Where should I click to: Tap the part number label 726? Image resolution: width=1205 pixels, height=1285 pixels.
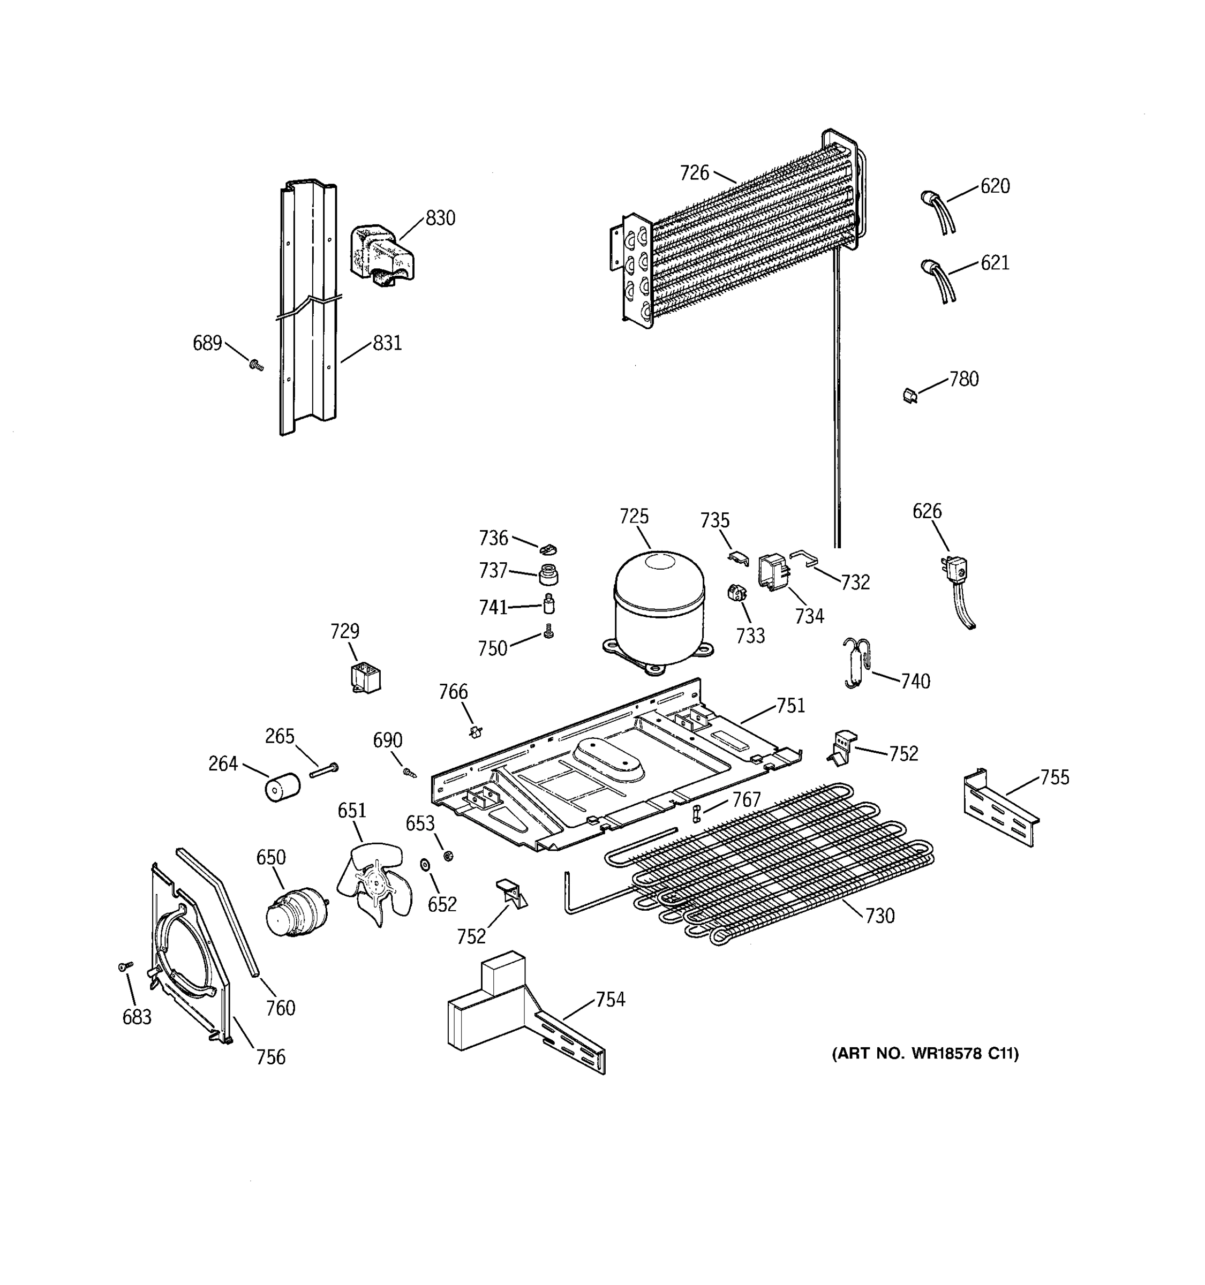(694, 172)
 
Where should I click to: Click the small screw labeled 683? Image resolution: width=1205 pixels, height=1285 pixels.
(125, 966)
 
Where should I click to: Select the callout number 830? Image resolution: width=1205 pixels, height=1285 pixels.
(440, 218)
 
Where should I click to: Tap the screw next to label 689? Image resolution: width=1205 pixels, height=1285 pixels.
(257, 366)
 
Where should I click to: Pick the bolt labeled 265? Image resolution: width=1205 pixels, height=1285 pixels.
(324, 770)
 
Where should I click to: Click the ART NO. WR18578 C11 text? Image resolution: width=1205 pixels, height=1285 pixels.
(924, 1054)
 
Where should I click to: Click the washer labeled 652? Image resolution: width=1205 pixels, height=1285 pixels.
(425, 865)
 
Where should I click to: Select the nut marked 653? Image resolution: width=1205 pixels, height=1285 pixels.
(447, 856)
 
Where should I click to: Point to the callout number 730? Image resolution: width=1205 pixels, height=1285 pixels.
(879, 916)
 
